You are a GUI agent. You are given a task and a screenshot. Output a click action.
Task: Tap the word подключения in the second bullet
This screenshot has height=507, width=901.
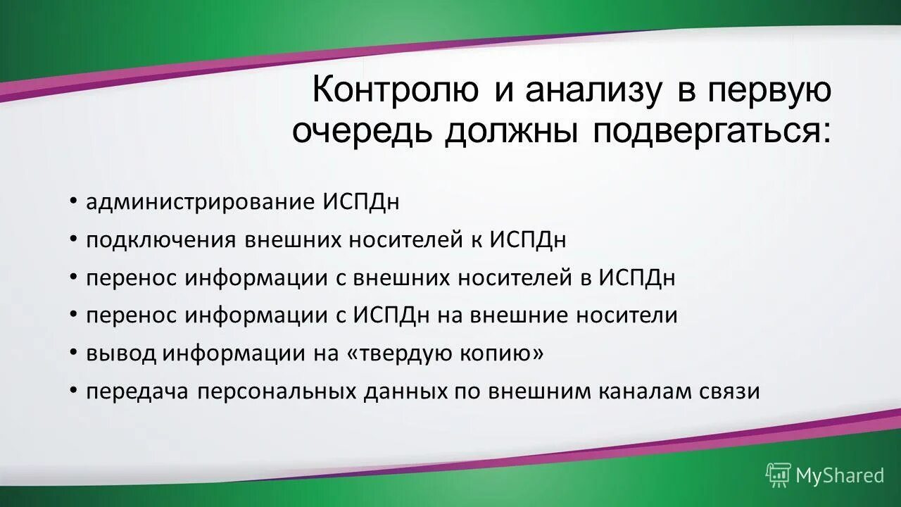click(x=161, y=240)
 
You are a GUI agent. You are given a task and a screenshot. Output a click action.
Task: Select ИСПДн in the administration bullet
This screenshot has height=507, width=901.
click(x=361, y=202)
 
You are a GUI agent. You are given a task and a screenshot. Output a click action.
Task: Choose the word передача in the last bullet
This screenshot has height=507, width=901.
click(x=138, y=392)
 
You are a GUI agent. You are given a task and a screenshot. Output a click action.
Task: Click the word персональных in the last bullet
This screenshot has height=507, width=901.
click(x=276, y=392)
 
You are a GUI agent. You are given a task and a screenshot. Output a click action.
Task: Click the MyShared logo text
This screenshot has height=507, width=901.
click(x=839, y=475)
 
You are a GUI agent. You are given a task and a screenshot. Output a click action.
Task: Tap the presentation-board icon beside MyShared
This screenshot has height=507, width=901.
click(x=779, y=475)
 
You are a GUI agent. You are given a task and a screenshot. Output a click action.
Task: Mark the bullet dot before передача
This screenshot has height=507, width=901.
click(x=74, y=392)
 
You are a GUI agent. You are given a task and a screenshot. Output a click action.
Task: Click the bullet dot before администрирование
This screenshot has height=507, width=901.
click(x=74, y=202)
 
